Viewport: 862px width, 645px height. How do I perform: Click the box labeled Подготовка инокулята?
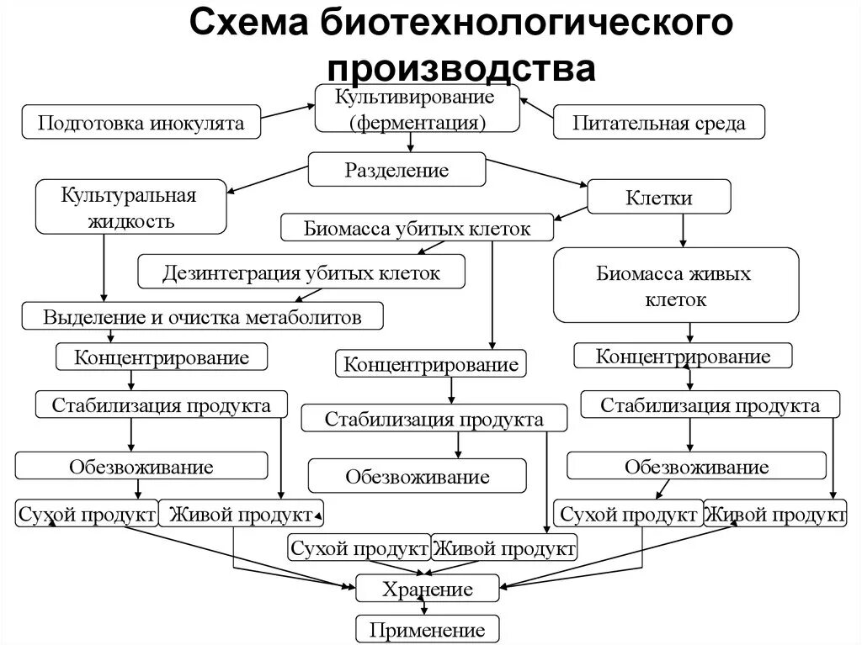click(141, 123)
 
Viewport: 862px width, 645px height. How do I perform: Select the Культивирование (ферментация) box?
click(418, 108)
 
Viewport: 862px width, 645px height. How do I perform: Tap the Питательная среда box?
click(659, 123)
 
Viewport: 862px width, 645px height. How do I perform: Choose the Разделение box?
click(396, 170)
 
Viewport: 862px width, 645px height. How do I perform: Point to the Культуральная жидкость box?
click(130, 207)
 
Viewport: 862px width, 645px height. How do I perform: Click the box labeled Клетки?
click(658, 198)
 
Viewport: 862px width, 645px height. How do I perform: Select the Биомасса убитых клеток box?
click(418, 228)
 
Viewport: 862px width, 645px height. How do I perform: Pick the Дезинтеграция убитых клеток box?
click(301, 272)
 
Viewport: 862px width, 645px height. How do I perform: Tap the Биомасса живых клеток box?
click(675, 285)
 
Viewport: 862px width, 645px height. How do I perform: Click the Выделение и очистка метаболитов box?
click(203, 317)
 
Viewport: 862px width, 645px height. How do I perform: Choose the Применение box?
click(427, 629)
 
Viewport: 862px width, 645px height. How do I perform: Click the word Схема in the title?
click(249, 23)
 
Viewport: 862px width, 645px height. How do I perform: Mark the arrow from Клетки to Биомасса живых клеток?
click(683, 230)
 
